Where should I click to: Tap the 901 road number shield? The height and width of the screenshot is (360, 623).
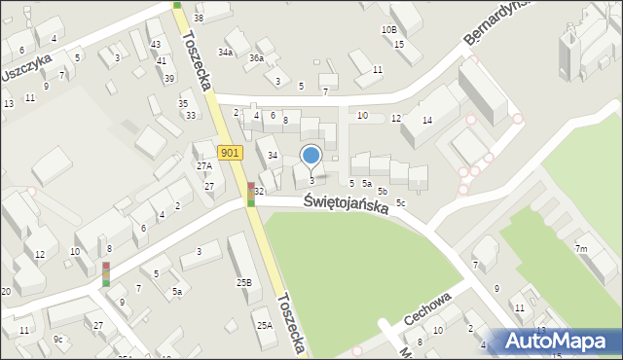[230, 153]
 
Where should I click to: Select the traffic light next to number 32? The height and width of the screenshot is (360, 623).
[251, 195]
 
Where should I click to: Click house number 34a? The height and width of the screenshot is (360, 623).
[225, 52]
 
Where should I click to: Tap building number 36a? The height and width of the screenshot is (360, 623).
[256, 58]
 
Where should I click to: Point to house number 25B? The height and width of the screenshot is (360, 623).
[243, 282]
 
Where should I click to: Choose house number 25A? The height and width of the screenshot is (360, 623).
[264, 326]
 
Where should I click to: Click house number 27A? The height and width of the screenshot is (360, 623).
[204, 166]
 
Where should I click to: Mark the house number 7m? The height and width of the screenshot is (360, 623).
[581, 250]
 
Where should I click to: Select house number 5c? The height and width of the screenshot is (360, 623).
[400, 202]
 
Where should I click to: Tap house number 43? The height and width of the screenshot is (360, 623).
[156, 45]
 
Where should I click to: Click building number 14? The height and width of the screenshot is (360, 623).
[426, 120]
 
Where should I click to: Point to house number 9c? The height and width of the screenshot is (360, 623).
[58, 339]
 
